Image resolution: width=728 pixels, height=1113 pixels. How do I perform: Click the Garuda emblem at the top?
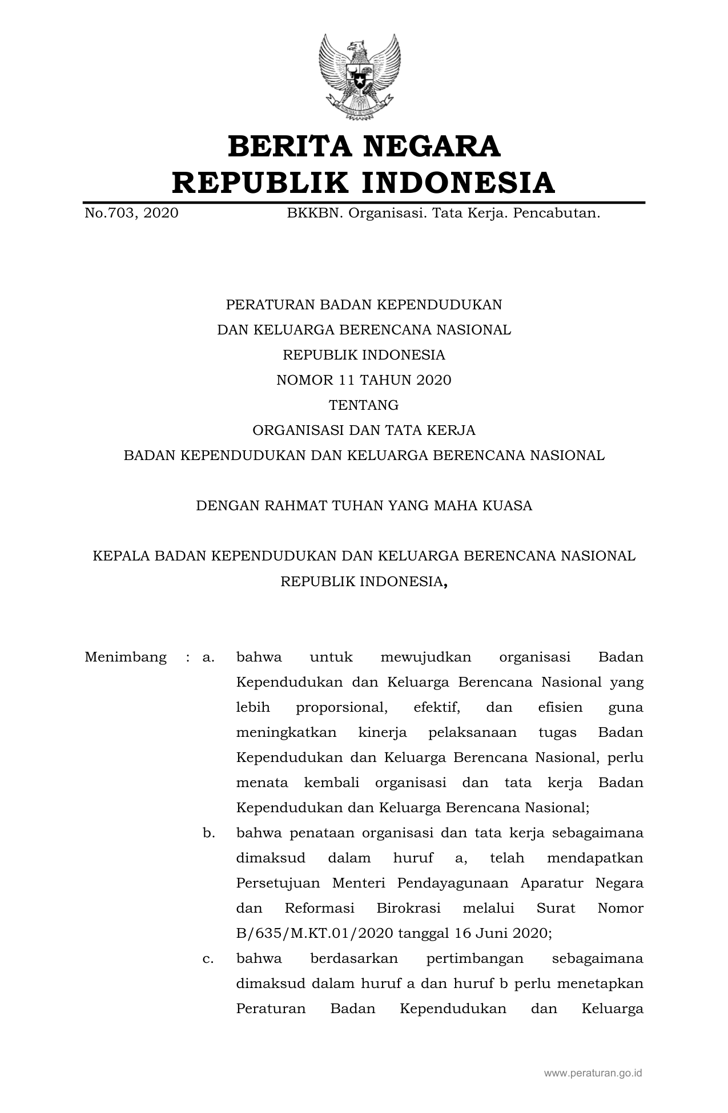[360, 76]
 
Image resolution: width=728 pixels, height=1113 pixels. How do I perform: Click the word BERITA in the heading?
[286, 147]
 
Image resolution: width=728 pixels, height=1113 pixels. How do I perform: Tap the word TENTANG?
[364, 405]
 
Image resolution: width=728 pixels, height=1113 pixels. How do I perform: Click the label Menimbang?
[126, 657]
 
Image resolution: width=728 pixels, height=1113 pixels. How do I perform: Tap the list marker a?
[208, 658]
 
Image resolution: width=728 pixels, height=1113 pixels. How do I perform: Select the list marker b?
[208, 833]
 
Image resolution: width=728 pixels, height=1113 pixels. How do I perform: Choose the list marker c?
[208, 958]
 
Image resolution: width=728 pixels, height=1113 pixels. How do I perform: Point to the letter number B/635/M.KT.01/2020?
[315, 933]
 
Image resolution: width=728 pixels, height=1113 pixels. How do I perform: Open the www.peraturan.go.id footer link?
[593, 1073]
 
